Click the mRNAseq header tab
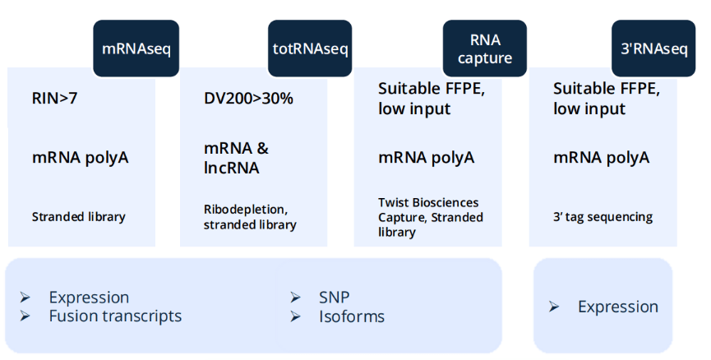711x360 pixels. pos(136,48)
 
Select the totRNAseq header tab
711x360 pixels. pos(310,48)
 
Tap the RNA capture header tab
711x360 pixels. pos(485,48)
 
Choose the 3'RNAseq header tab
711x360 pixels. pos(653,48)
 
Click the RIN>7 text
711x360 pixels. pos(56,99)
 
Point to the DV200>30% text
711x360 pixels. pos(248,99)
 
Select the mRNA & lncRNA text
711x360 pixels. pos(236,158)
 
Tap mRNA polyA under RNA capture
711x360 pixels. pos(426,158)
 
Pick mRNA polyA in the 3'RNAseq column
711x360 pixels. pos(601,158)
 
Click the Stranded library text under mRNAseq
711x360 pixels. pos(79,218)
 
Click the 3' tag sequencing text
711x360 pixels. pos(603,218)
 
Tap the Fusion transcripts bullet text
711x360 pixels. pos(115,316)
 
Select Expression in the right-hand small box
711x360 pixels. pos(617,307)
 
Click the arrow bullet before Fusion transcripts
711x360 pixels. pos(25,316)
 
